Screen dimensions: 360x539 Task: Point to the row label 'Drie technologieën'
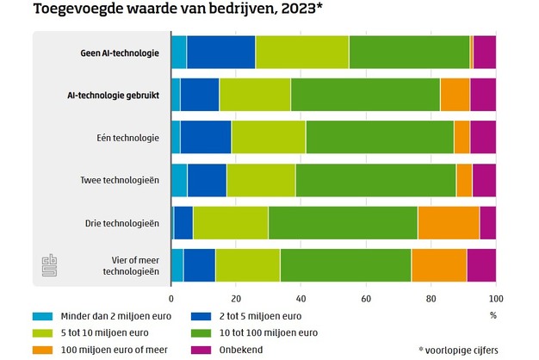[122, 223]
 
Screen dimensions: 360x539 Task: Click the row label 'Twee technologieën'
[121, 180]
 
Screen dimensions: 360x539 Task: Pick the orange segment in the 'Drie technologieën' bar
[448, 223]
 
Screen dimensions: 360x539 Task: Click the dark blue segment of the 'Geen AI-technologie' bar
[220, 53]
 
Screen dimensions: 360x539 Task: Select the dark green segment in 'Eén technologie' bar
[379, 137]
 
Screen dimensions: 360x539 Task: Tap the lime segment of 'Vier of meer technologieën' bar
[247, 265]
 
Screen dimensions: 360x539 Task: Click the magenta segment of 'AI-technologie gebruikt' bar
[482, 95]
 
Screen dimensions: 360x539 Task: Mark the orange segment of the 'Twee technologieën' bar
[464, 180]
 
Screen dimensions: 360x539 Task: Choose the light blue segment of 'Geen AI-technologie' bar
[178, 53]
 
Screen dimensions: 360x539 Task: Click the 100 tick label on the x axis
[493, 298]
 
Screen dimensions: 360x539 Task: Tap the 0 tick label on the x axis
[171, 298]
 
